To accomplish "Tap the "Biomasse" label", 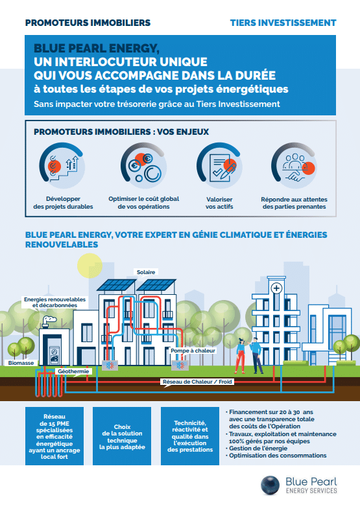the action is (x=22, y=364).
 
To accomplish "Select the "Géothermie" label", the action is (x=73, y=371).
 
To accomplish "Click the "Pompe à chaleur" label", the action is (x=193, y=351).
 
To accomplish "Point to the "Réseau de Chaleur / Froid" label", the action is (x=198, y=382).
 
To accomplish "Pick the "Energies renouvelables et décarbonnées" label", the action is (x=50, y=303).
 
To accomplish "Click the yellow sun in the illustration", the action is (x=91, y=266).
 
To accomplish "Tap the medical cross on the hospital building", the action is (x=276, y=287).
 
